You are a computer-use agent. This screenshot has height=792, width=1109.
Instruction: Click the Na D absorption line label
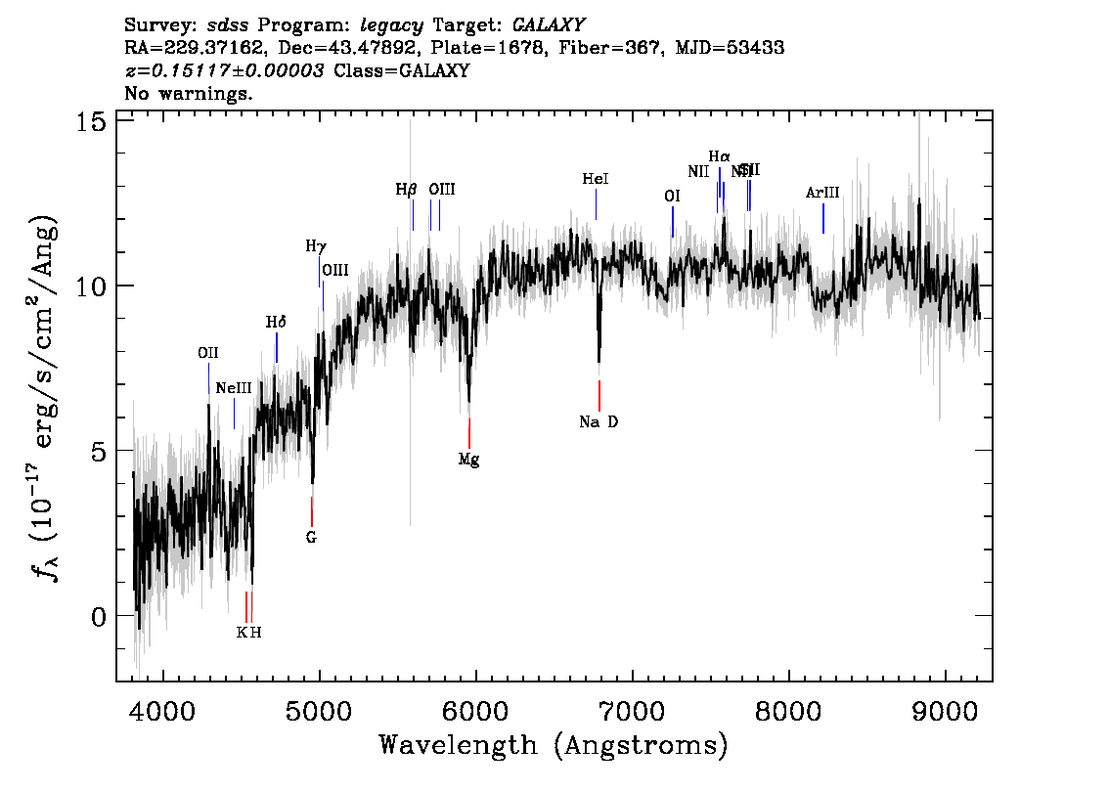tap(599, 422)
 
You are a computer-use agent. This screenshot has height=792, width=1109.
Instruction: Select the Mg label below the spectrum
tap(469, 459)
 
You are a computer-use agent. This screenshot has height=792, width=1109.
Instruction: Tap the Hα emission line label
tap(719, 156)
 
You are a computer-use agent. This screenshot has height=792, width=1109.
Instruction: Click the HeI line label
tap(596, 179)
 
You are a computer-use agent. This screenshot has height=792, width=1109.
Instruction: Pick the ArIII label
tap(822, 193)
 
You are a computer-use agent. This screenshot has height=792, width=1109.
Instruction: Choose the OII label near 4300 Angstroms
tap(207, 353)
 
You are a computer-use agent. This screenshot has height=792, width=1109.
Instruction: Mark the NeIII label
tap(234, 388)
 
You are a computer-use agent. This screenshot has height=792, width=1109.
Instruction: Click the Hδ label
tap(276, 322)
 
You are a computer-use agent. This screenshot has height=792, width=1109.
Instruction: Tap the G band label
tap(311, 537)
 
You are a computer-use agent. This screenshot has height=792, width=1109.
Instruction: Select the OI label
tap(672, 197)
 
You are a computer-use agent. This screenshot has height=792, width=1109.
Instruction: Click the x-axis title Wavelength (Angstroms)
tap(554, 746)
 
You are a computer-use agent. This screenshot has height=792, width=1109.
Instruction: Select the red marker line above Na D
tap(599, 395)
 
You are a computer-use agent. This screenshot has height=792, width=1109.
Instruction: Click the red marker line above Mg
tap(469, 432)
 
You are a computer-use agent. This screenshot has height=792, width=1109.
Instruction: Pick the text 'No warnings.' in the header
tap(189, 93)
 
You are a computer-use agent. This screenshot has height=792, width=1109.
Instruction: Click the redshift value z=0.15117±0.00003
tap(225, 70)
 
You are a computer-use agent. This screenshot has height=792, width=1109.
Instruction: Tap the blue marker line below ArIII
tap(823, 218)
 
